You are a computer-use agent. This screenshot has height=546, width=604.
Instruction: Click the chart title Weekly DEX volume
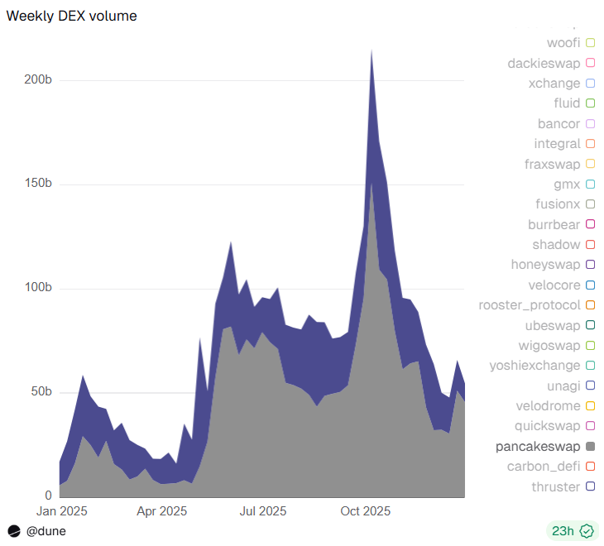[72, 16]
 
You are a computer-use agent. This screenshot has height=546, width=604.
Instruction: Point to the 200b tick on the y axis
[36, 80]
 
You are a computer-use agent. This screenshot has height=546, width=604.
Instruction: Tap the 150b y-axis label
[36, 184]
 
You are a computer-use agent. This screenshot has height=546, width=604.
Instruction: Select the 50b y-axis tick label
[41, 391]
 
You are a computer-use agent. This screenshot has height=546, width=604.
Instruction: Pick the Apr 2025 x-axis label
[161, 510]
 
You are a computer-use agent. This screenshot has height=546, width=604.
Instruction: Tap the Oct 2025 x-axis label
[365, 510]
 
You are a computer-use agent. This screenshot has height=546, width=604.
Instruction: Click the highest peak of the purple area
[372, 51]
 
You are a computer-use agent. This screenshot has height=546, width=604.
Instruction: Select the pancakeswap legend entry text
[538, 446]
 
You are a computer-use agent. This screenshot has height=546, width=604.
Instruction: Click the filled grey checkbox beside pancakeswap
[591, 447]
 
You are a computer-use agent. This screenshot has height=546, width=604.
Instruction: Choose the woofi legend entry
[563, 42]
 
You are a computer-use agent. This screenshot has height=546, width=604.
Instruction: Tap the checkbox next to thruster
[591, 487]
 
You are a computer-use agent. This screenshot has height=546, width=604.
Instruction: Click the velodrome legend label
[545, 405]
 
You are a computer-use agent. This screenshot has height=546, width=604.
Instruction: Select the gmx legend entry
[567, 184]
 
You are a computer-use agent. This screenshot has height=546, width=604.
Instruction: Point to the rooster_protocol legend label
[530, 305]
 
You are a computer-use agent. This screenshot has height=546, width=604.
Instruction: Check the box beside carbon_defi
[591, 467]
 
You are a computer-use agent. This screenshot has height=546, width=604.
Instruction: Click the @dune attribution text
[46, 531]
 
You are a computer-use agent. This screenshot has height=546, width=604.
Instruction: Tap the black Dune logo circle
[14, 531]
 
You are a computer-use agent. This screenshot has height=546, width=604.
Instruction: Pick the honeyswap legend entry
[545, 265]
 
